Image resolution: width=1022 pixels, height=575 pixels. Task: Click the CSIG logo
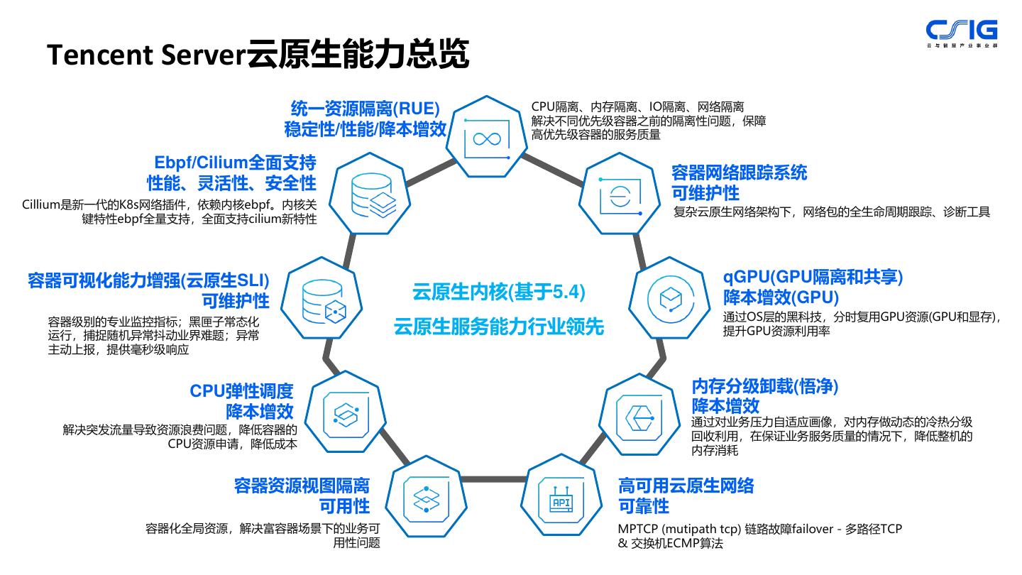[962, 32]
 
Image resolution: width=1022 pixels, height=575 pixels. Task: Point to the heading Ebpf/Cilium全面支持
[231, 163]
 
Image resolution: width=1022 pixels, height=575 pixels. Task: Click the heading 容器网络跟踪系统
[739, 172]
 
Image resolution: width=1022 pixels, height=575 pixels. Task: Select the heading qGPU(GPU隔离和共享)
[813, 276]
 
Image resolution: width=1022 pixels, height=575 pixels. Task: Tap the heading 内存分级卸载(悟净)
[765, 386]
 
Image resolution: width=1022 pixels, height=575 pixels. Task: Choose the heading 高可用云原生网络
[686, 486]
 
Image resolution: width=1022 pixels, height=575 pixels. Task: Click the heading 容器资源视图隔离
[302, 486]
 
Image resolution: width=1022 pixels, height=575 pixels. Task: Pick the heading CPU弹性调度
[241, 391]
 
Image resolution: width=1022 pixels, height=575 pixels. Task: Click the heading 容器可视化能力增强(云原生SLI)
[149, 279]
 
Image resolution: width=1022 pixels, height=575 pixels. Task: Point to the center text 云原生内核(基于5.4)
[499, 292]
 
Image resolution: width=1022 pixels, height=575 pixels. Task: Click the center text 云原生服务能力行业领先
[499, 327]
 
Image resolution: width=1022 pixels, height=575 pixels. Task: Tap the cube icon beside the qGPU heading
[670, 300]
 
